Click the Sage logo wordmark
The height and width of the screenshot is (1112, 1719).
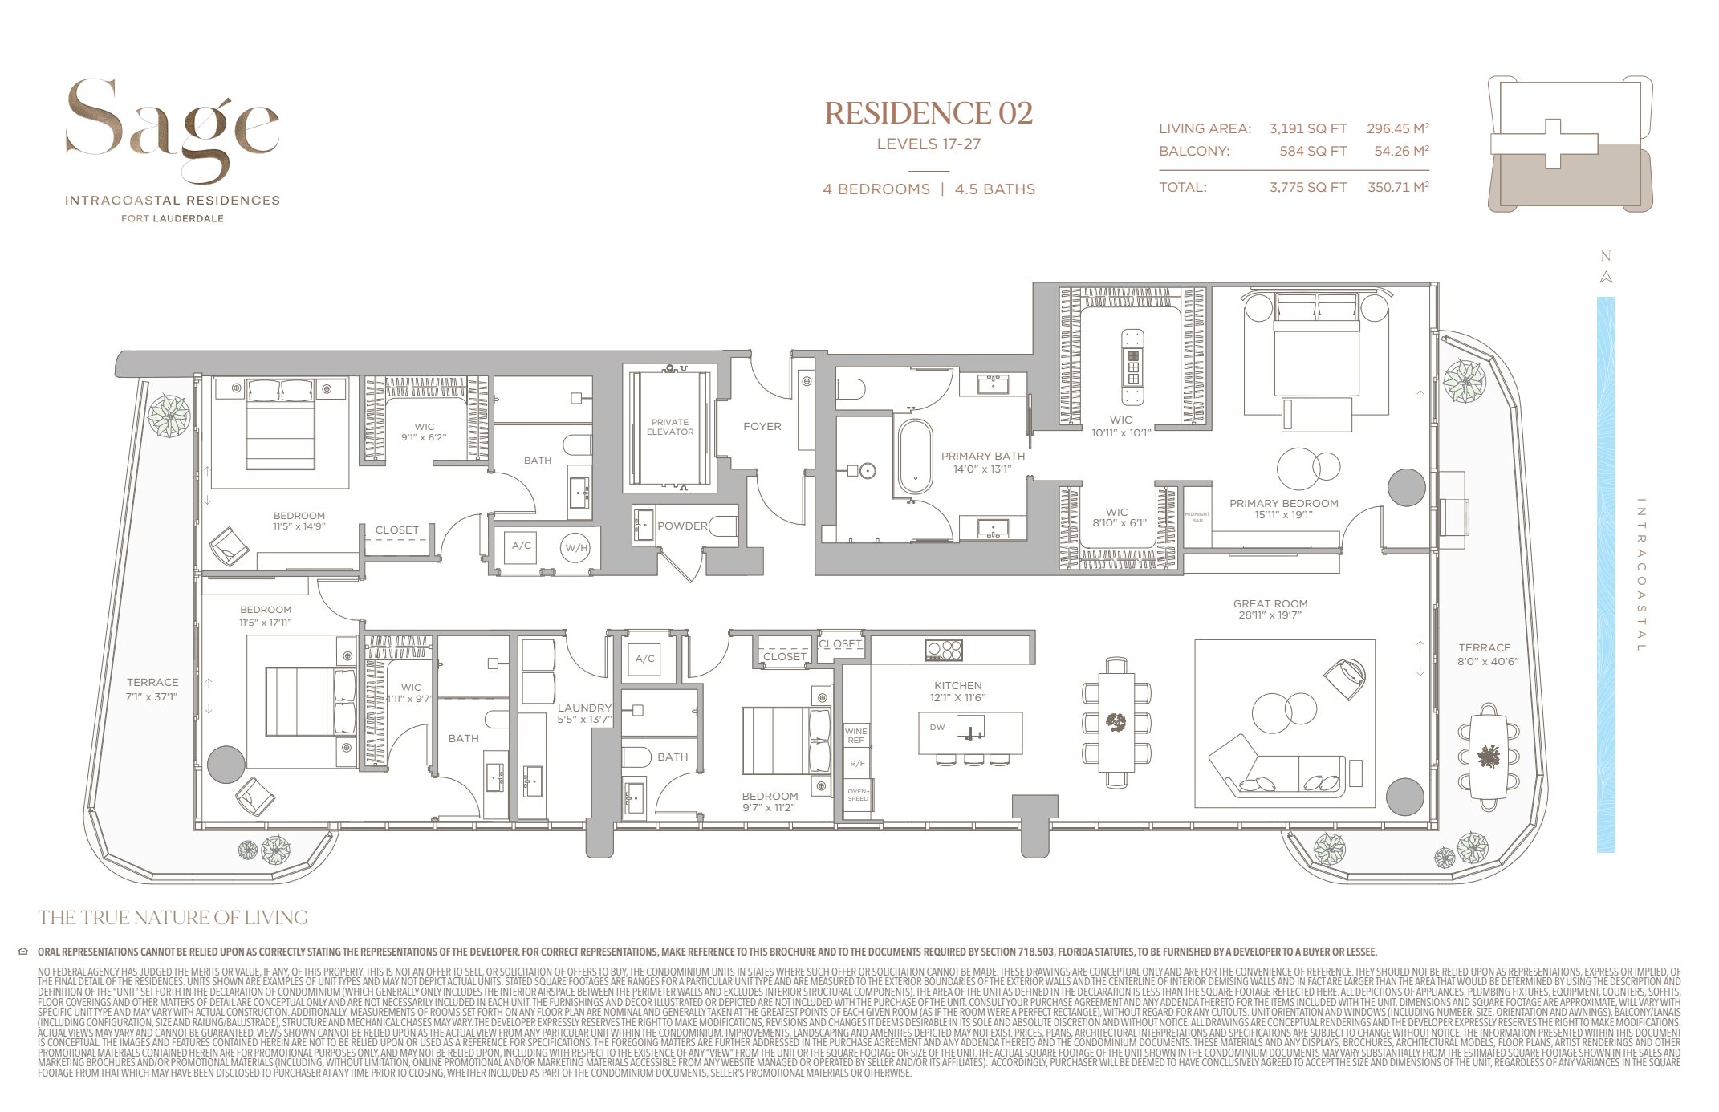(172, 128)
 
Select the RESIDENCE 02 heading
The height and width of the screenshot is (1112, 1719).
(929, 113)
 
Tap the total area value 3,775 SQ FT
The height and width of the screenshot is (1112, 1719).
(1307, 188)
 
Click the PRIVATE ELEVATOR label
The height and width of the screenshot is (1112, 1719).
(670, 427)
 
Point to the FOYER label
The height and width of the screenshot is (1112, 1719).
(762, 427)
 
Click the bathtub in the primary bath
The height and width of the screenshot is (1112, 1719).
(915, 457)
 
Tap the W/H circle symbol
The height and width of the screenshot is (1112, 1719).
(576, 548)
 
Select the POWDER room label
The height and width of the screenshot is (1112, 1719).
(682, 526)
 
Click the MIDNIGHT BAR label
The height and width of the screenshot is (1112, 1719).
(1197, 517)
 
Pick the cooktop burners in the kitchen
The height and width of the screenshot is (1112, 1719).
(943, 650)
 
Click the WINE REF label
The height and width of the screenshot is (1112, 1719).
(855, 735)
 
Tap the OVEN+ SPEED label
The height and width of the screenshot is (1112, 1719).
(858, 795)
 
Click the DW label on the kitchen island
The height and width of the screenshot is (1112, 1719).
(937, 728)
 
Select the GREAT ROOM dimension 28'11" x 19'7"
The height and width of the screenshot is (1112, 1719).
(1270, 615)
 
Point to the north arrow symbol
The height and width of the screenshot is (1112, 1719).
(1606, 277)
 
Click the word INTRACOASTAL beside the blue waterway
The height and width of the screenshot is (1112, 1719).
(1640, 574)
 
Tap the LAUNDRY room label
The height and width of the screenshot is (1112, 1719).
(584, 708)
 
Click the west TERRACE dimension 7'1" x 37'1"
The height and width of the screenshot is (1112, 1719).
(152, 696)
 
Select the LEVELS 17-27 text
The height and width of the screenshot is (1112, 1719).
(929, 144)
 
